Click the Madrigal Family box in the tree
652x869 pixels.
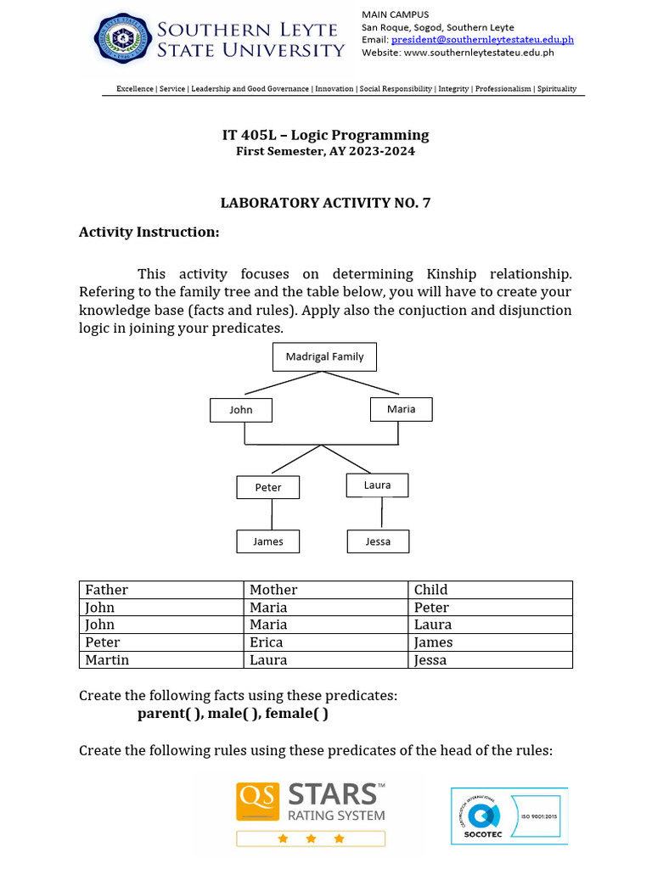[324, 356]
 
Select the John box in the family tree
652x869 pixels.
[241, 410]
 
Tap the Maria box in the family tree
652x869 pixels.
[402, 409]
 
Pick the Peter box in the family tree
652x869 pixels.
[268, 487]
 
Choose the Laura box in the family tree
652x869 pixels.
[377, 485]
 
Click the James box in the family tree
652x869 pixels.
[268, 541]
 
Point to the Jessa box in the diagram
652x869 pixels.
[378, 541]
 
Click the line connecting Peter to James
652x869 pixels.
[272, 514]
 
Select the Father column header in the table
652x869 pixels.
[107, 590]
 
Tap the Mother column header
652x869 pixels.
[273, 590]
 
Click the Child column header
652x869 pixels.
[430, 590]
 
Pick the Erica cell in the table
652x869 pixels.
[267, 642]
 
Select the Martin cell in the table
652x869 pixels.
[108, 660]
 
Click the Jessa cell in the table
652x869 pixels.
[430, 660]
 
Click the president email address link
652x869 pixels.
[482, 39]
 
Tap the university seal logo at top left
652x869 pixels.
[123, 39]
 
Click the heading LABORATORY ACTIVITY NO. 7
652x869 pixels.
[325, 203]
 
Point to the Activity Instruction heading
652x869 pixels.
[149, 232]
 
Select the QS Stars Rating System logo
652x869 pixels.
[311, 813]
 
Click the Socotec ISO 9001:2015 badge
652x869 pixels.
[508, 816]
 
